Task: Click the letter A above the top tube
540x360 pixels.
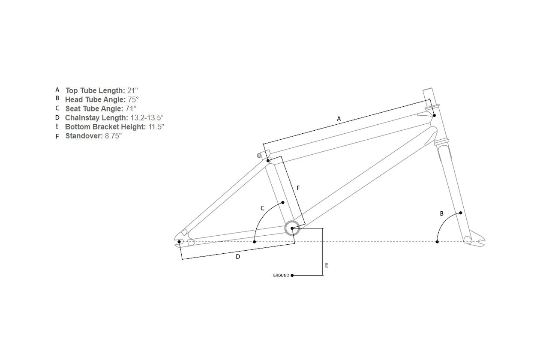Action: (x=339, y=119)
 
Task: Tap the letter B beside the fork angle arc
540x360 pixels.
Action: (x=441, y=213)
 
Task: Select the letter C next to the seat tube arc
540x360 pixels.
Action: (x=263, y=208)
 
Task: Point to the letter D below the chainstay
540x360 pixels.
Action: (x=238, y=257)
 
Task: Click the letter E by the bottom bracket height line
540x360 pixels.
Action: (x=327, y=265)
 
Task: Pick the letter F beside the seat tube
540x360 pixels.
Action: (x=298, y=188)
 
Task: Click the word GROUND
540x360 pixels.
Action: (x=281, y=276)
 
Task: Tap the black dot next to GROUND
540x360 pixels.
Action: (x=292, y=276)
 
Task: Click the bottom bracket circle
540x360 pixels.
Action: (x=285, y=228)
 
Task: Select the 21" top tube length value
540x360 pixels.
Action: (x=132, y=91)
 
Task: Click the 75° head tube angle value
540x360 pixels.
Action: (x=133, y=99)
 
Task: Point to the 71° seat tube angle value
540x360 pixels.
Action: (x=131, y=109)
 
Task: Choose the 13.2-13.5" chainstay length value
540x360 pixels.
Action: (x=147, y=118)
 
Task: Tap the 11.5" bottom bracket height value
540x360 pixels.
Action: (x=156, y=127)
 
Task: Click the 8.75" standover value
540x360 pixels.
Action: (x=113, y=136)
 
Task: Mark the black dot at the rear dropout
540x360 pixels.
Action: (x=179, y=242)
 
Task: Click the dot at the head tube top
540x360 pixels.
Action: (x=435, y=115)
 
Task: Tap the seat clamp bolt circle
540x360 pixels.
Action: (x=259, y=156)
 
